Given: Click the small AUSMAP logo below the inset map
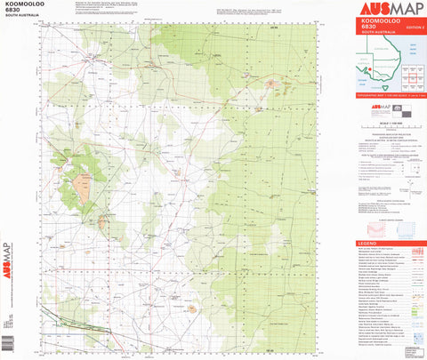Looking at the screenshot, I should pyautogui.click(x=370, y=107).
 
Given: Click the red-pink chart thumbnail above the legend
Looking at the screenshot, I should pyautogui.click(x=379, y=229).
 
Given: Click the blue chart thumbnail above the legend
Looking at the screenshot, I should pyautogui.click(x=411, y=229).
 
